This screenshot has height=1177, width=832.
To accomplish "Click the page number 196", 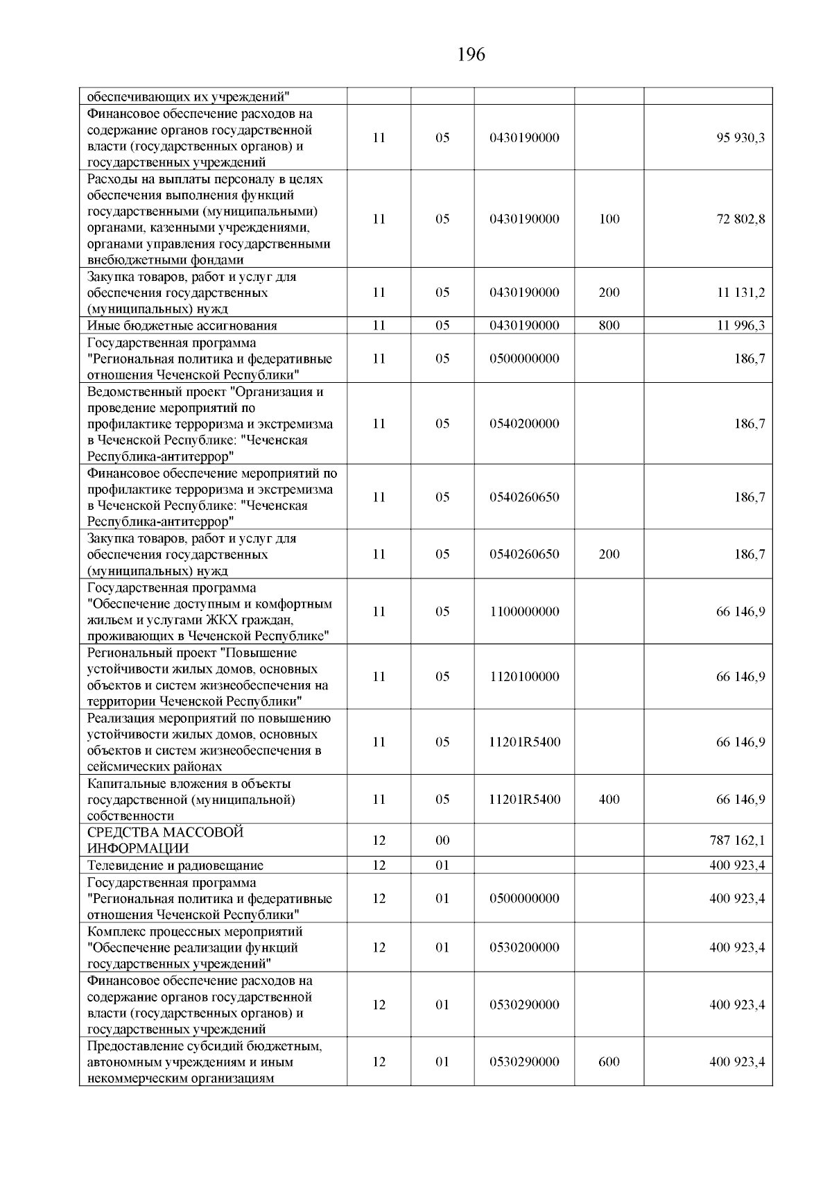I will pos(471,55).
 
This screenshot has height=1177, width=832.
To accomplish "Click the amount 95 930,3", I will pos(740,138).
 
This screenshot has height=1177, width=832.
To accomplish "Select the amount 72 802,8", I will pos(740,219).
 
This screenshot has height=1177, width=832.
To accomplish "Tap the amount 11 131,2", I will pos(740,293).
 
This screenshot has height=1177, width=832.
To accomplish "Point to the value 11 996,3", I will pos(740,326).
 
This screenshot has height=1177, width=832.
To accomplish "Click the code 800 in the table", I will pos(609,326).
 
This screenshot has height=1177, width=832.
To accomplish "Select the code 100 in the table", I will pos(609,219).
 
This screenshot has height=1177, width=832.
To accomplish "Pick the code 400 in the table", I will pos(609,800).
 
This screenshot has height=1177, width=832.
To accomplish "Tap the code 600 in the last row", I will pos(609,1062).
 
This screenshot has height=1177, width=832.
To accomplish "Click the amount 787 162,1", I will pos(737,841).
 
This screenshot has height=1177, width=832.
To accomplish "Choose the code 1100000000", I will pos(524,612).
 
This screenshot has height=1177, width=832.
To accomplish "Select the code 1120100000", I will pos(524,677).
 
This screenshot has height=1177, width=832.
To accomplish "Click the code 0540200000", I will pos(524,424).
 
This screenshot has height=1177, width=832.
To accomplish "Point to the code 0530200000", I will pos(524,947).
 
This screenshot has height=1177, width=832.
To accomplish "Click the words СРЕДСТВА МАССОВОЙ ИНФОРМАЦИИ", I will pos(165,841).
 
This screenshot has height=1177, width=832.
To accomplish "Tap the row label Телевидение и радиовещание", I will pos(175,866).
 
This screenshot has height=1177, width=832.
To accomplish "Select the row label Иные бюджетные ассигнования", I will pos(182,326).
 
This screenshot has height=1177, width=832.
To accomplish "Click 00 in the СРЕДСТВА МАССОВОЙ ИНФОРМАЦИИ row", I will pos(442,841).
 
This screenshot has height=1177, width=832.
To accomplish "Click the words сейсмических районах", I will pos(155,767).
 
